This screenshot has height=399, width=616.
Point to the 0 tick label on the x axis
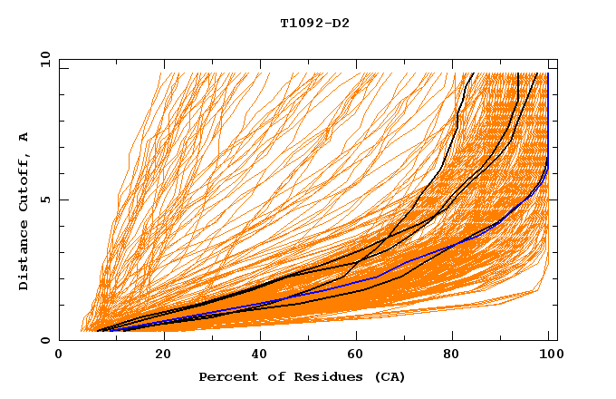click(x=60, y=356)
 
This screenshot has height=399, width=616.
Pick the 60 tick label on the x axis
click(x=359, y=356)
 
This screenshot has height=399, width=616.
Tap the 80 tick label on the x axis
click(x=457, y=356)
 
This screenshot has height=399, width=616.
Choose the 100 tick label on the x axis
click(x=550, y=356)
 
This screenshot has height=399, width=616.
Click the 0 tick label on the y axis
click(x=46, y=341)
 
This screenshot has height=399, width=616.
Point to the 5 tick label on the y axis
click(x=46, y=200)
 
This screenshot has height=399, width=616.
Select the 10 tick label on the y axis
click(x=43, y=60)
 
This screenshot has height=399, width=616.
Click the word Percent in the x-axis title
click(x=226, y=376)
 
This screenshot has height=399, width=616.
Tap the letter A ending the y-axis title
click(x=24, y=137)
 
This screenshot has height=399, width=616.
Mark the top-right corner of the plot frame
click(x=556, y=60)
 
